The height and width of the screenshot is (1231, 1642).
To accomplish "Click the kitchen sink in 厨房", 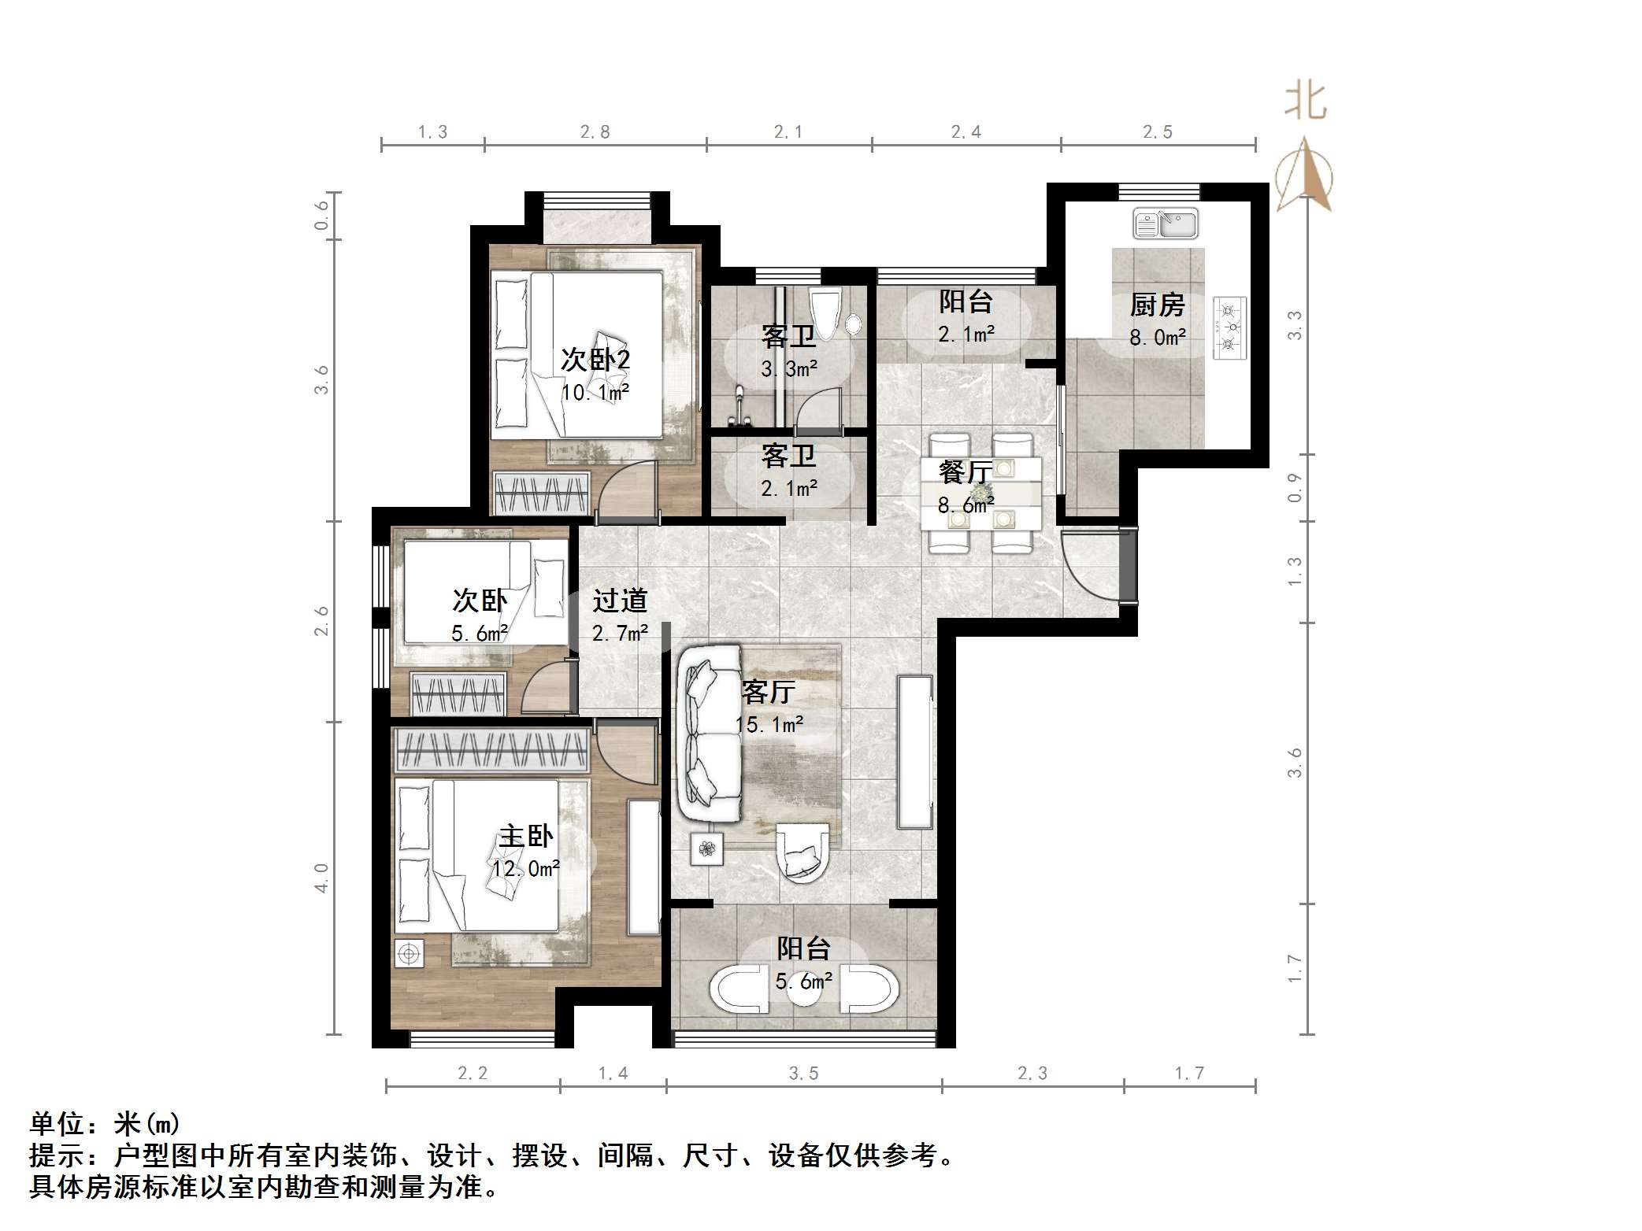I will click(1165, 224).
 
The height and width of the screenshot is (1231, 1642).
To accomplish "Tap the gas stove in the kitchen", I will click(1229, 327).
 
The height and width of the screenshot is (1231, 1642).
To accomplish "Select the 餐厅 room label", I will click(965, 472).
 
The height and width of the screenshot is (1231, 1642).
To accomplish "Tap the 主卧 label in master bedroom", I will click(525, 836).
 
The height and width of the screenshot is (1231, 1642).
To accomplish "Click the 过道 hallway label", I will click(620, 601).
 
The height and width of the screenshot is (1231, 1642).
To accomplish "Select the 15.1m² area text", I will click(769, 724).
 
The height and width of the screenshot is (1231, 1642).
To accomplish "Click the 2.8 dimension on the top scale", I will click(595, 132).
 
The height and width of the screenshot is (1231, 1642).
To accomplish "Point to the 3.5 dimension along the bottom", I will click(803, 1074).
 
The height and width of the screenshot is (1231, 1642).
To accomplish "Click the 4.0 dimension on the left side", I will click(321, 877).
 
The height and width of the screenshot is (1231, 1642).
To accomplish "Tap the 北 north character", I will click(1305, 103).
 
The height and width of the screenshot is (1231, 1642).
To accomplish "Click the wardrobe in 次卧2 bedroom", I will click(542, 494).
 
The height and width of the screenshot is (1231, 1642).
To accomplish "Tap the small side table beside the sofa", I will click(707, 848).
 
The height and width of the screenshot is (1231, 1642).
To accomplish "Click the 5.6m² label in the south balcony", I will click(803, 981).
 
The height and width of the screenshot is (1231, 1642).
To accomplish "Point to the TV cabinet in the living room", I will click(914, 752).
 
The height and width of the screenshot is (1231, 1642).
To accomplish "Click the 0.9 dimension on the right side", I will click(1294, 487).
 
